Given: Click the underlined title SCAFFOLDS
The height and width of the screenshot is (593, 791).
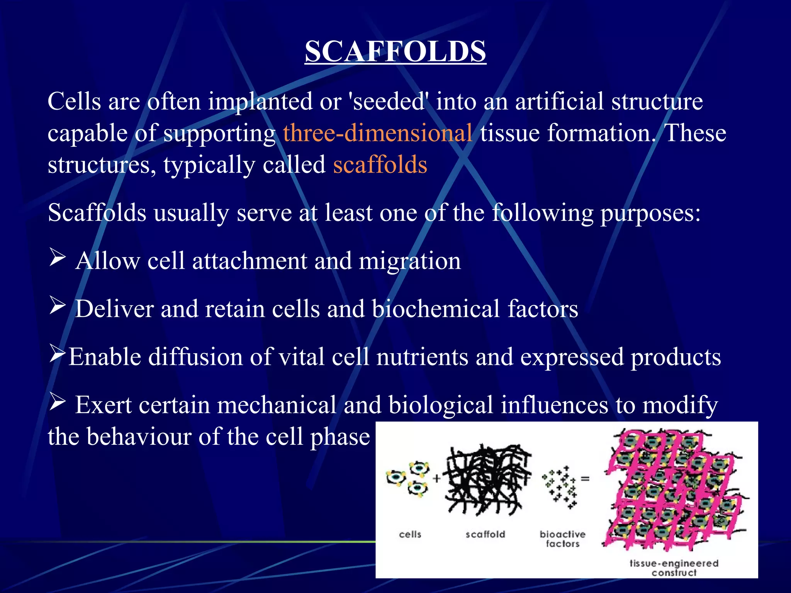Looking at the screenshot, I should (395, 52).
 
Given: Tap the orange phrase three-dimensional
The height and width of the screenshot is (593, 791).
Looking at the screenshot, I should (377, 133).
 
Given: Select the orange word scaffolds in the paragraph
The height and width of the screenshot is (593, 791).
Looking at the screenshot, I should (380, 164).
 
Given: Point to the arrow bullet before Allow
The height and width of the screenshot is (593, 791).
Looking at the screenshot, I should (58, 258).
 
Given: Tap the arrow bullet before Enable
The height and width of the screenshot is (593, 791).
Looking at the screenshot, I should (58, 354).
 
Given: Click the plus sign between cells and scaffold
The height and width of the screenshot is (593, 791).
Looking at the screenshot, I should (436, 479).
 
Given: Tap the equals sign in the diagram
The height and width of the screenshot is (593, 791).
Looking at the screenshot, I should (585, 479).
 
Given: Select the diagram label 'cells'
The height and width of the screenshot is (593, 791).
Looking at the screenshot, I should (410, 534).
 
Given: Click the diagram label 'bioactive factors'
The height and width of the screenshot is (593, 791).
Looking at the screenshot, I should (562, 539).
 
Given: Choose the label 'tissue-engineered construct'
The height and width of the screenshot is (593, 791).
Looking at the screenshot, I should (674, 568).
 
